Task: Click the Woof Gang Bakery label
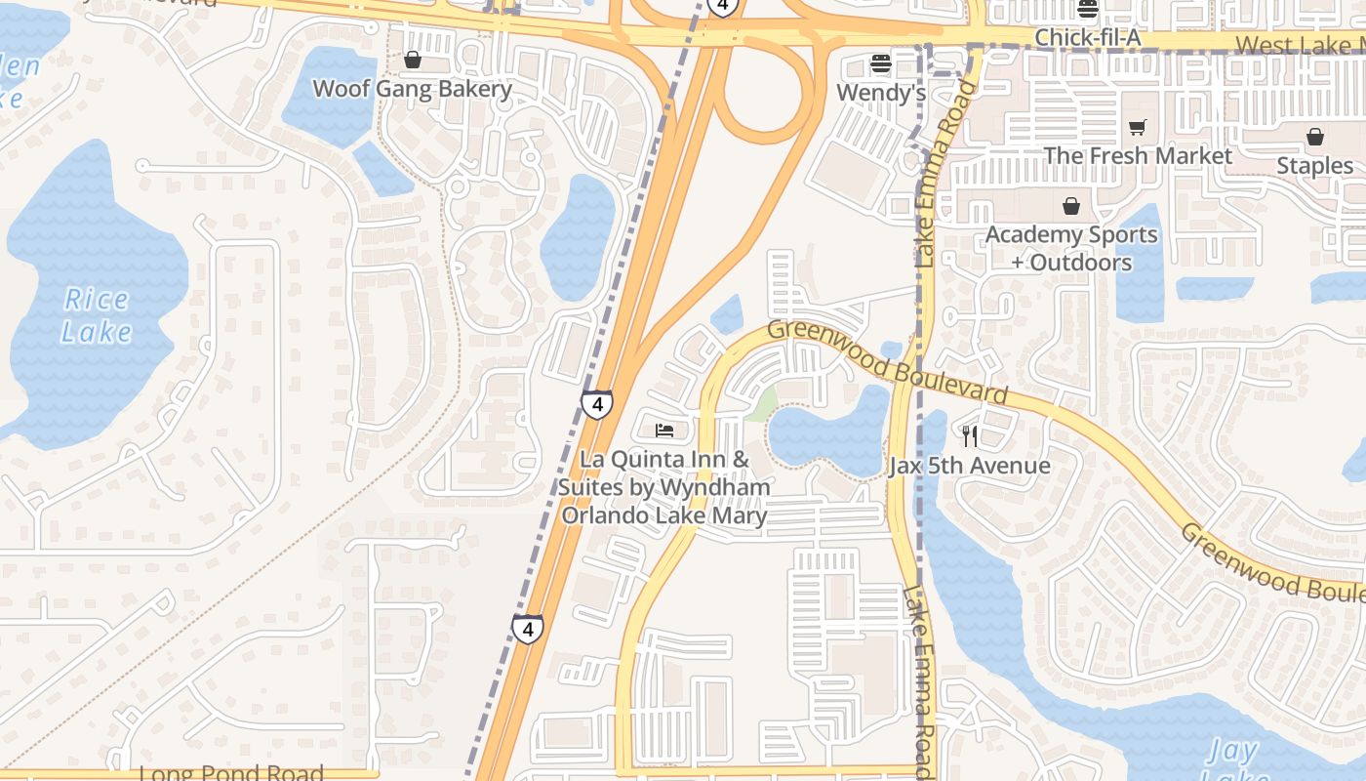point(412,90)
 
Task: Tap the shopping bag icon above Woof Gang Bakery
point(413,61)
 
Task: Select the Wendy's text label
point(881,94)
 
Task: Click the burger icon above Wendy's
point(881,64)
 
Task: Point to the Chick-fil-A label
point(1087,38)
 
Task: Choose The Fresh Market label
point(1138,156)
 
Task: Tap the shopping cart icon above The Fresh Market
point(1137,128)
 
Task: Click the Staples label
point(1314,166)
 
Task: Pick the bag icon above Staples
point(1315,137)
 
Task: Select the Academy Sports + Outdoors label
point(1071,248)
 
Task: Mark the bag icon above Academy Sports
point(1071,206)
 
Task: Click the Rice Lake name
point(97,315)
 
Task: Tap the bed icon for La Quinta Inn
point(664,430)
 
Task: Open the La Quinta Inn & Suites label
point(664,487)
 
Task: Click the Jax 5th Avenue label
point(969,466)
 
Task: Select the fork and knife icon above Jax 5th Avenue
point(969,436)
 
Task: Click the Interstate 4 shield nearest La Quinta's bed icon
point(597,404)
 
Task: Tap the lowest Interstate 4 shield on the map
point(528,630)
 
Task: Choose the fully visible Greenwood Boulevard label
point(887,362)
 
